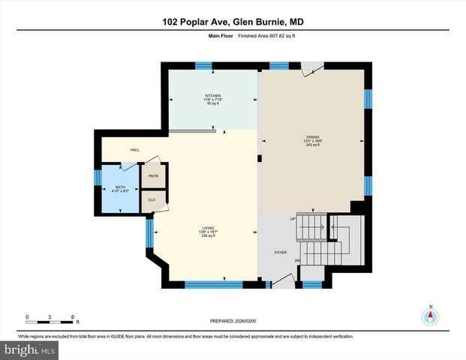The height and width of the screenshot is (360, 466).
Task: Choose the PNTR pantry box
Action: [153, 175]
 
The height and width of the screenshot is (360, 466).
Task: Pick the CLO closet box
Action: [152, 199]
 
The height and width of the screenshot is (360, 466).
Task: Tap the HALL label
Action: [135, 150]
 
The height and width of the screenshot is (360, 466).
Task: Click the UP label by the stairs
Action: [293, 219]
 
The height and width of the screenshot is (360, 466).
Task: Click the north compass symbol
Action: [431, 315]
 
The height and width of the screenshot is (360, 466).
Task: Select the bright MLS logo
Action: [29, 349]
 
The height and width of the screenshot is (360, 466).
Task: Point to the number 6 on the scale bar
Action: [72, 316]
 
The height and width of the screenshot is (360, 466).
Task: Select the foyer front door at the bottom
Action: [283, 280]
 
